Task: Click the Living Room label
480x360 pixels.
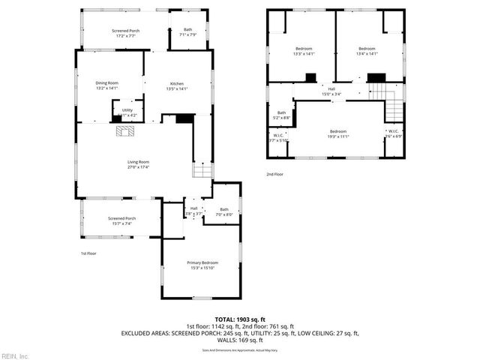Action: (138, 164)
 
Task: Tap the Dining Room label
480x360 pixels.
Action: (107, 85)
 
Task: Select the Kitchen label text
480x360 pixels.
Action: (176, 85)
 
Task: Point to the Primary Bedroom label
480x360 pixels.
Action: (202, 265)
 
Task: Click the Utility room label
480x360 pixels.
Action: (127, 112)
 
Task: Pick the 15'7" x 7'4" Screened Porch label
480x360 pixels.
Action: (120, 220)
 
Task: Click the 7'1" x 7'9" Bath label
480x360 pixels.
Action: (187, 32)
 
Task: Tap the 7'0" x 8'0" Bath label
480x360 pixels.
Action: (223, 211)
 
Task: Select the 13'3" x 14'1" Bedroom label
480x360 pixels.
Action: (303, 51)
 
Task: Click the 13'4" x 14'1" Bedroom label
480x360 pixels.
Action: (367, 51)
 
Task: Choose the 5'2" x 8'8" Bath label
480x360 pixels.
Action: (282, 115)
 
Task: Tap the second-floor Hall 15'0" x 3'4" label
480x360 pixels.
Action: (331, 91)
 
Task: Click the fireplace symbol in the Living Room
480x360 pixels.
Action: (124, 130)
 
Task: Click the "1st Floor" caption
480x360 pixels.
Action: (88, 253)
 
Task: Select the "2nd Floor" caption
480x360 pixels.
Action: (274, 174)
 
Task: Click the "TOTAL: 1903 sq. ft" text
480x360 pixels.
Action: (240, 319)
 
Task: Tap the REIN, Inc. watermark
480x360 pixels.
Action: (15, 355)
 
